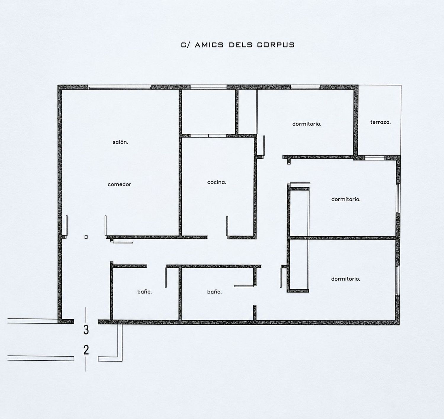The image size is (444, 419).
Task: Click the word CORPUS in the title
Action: (276, 45)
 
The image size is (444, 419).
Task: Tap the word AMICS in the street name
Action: (209, 45)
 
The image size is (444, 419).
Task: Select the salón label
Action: (120, 142)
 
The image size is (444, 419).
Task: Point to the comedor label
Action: (119, 184)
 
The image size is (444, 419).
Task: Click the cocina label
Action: (217, 182)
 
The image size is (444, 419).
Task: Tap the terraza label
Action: (380, 122)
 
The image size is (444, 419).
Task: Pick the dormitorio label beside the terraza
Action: (307, 124)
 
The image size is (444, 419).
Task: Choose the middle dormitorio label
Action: (346, 199)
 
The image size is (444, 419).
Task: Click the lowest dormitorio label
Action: (346, 279)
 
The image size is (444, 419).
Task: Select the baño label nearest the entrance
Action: (144, 292)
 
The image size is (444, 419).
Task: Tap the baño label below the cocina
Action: (214, 292)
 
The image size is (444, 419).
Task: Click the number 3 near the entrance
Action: (86, 330)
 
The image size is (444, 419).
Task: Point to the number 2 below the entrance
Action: (86, 350)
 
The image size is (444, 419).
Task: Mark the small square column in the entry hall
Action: (86, 237)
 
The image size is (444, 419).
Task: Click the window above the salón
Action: (120, 87)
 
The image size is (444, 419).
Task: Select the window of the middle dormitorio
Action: (398, 198)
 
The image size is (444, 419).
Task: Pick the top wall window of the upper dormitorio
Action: (305, 87)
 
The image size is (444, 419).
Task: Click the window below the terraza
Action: (375, 158)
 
